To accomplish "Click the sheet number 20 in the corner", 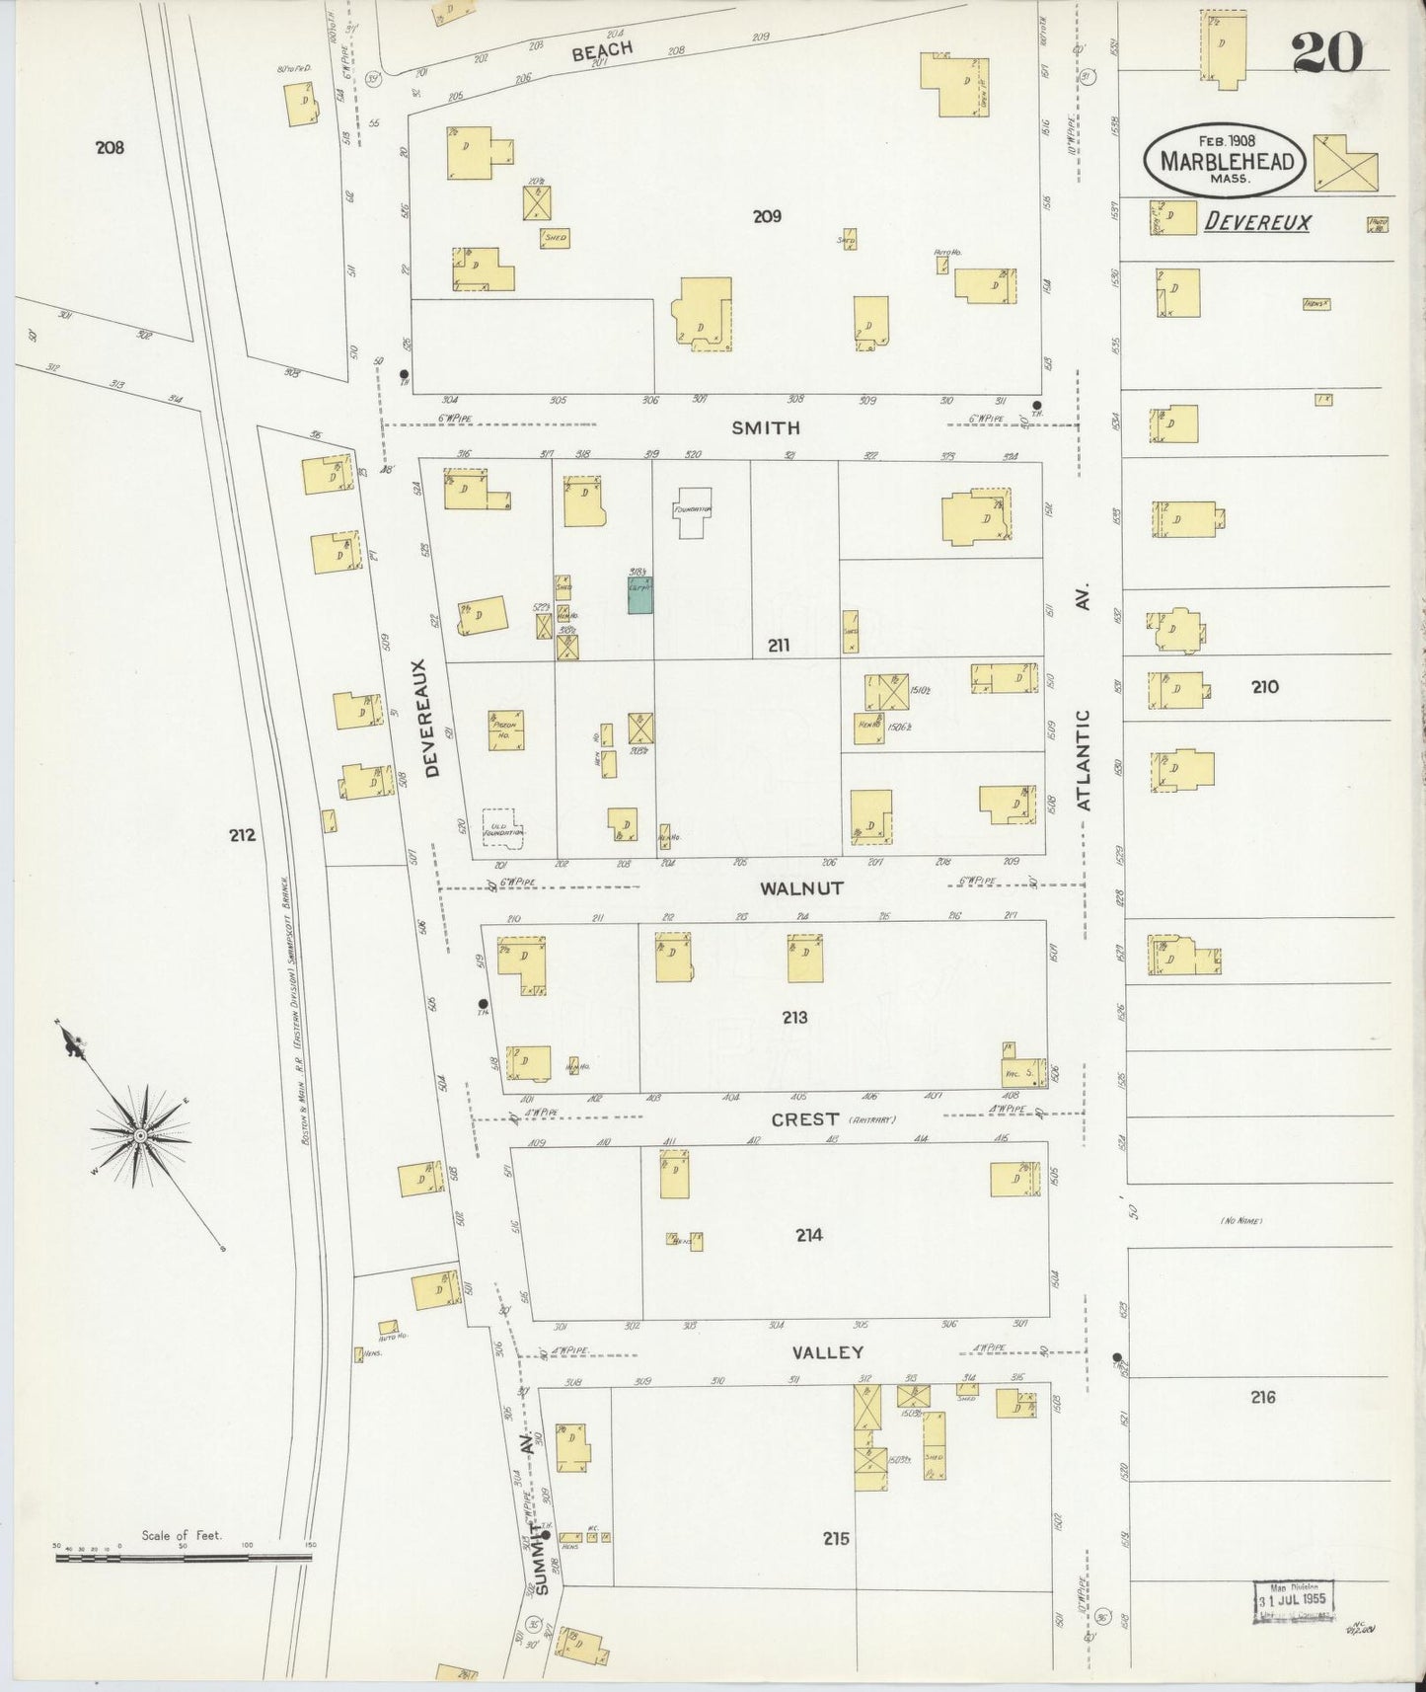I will (1327, 51).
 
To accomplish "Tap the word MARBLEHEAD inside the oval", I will (1227, 161).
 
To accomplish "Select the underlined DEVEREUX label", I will (1257, 223).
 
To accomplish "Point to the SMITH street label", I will (766, 428).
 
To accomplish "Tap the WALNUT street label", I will (801, 888).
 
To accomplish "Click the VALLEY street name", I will (827, 1352).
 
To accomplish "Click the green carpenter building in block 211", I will (639, 595).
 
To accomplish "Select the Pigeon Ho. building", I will (505, 731).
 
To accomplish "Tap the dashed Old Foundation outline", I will (502, 827).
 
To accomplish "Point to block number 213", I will (794, 1017).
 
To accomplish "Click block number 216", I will (1262, 1396).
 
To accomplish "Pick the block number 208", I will (110, 147).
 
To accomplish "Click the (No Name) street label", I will (1241, 1221).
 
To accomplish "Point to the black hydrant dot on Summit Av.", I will (545, 1536).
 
